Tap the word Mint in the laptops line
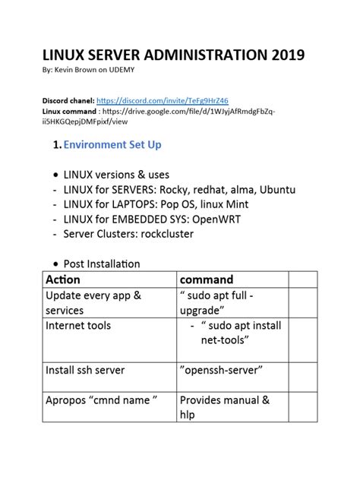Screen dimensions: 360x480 pos(232,204)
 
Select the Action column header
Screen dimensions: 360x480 pos(64,279)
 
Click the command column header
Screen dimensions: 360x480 pos(207,279)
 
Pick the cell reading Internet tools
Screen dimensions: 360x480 pos(78,325)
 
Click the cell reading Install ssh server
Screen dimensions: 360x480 pos(85,370)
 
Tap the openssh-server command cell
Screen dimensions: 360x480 pos(221,370)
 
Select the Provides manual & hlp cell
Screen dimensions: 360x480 pos(225,408)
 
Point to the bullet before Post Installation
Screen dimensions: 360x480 pos(55,264)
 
